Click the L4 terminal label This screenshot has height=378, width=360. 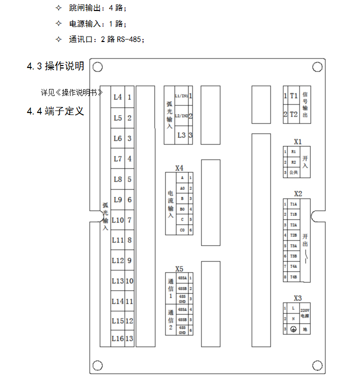point(117,97)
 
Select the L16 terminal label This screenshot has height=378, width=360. point(117,338)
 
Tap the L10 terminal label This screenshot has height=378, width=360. point(117,220)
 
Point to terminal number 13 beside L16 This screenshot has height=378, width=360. point(129,338)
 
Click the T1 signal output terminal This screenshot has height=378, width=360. point(294,95)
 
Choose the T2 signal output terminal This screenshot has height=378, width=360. point(294,114)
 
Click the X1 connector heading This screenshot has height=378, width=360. point(298,141)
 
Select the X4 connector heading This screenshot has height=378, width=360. point(179,168)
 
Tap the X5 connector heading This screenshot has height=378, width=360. point(179,268)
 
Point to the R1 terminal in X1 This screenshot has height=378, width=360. point(293,151)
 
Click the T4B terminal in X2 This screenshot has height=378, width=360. point(293,276)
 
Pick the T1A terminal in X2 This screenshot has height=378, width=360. point(293,204)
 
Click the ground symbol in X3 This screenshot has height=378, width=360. point(293,329)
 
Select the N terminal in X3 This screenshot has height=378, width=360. point(293,318)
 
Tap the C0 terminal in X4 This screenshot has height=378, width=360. point(182,229)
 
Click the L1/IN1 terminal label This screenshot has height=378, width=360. point(181,95)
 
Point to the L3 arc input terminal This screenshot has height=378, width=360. point(181,135)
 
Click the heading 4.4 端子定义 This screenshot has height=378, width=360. point(55,111)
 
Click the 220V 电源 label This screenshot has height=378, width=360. point(304,313)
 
